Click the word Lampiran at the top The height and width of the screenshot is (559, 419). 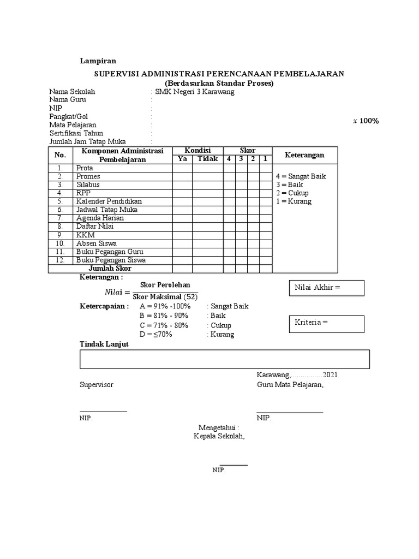pyautogui.click(x=98, y=61)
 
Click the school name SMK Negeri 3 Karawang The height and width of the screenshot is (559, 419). pyautogui.click(x=195, y=92)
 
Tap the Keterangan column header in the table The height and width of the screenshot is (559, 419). pyautogui.click(x=304, y=155)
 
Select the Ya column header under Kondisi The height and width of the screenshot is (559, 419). pyautogui.click(x=182, y=159)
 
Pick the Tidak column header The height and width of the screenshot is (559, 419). pyautogui.click(x=207, y=159)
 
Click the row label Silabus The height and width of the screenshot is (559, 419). pyautogui.click(x=88, y=185)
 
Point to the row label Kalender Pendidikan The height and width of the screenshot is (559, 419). pyautogui.click(x=109, y=201)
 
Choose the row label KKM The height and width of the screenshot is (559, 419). pyautogui.click(x=85, y=235)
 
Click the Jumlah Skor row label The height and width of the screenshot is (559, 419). pyautogui.click(x=110, y=269)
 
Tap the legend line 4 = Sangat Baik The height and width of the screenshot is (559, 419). pyautogui.click(x=301, y=176)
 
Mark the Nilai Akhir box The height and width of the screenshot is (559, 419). pyautogui.click(x=326, y=288)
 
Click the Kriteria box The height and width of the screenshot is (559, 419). pyautogui.click(x=326, y=323)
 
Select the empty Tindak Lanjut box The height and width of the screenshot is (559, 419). pyautogui.click(x=225, y=359)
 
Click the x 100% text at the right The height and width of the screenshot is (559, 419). pyautogui.click(x=366, y=121)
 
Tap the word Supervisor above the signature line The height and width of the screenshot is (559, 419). pyautogui.click(x=97, y=385)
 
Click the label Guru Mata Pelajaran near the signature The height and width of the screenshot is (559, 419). pyautogui.click(x=290, y=385)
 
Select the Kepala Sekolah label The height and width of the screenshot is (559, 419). pyautogui.click(x=219, y=436)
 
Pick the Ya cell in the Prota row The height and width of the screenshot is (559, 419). pyautogui.click(x=182, y=168)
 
